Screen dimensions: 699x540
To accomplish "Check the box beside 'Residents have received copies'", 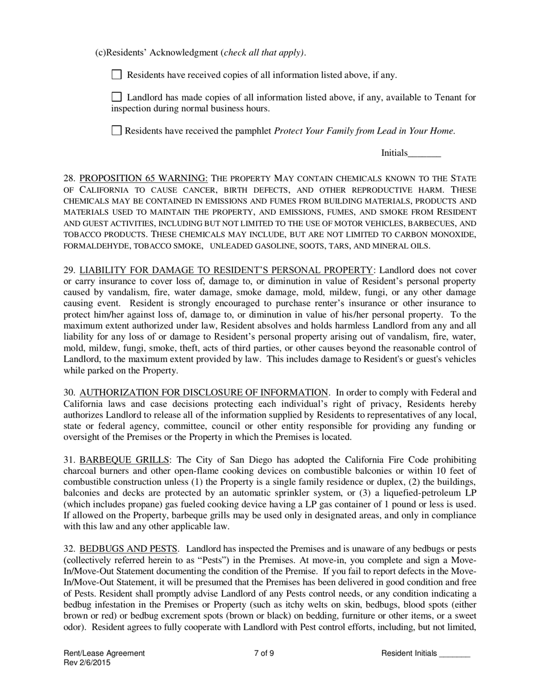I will tap(117, 74).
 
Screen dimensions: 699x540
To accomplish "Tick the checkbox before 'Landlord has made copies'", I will tap(117, 97).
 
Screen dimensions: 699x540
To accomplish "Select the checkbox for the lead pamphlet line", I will tap(117, 130).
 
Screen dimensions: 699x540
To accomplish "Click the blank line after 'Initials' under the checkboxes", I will tap(425, 153).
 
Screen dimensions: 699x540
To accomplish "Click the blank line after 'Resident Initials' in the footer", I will tap(455, 654).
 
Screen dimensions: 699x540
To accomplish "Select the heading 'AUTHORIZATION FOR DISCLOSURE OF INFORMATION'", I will tap(203, 392).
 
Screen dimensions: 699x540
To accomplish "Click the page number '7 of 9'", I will tap(264, 654).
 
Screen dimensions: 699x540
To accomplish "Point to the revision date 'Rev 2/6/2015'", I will tap(87, 663).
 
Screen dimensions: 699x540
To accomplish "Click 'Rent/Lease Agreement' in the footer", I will tap(104, 654).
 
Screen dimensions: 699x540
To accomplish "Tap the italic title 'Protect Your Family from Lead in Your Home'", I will tap(364, 131).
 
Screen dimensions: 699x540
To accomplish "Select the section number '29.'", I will tap(70, 270).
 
